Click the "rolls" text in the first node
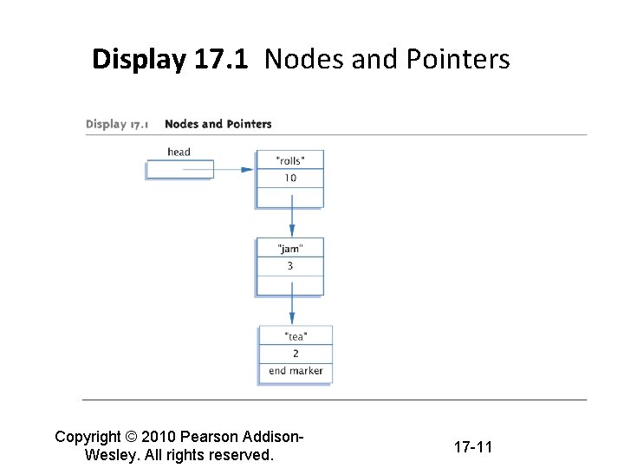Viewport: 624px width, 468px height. click(x=290, y=159)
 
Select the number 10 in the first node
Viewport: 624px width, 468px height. click(x=290, y=178)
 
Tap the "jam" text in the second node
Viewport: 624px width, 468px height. click(x=290, y=248)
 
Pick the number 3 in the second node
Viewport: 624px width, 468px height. click(x=290, y=266)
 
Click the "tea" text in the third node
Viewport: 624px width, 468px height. click(x=296, y=336)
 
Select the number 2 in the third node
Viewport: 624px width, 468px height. click(x=296, y=354)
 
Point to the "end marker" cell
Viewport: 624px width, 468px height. click(x=296, y=371)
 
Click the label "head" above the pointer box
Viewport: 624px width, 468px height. click(x=179, y=152)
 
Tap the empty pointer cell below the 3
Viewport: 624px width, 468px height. click(x=290, y=284)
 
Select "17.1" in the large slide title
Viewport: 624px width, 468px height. click(x=220, y=60)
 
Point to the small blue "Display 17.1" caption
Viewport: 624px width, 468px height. click(x=117, y=124)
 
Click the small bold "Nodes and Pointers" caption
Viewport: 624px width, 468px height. click(x=218, y=124)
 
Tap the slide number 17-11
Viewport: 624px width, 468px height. click(x=472, y=447)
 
